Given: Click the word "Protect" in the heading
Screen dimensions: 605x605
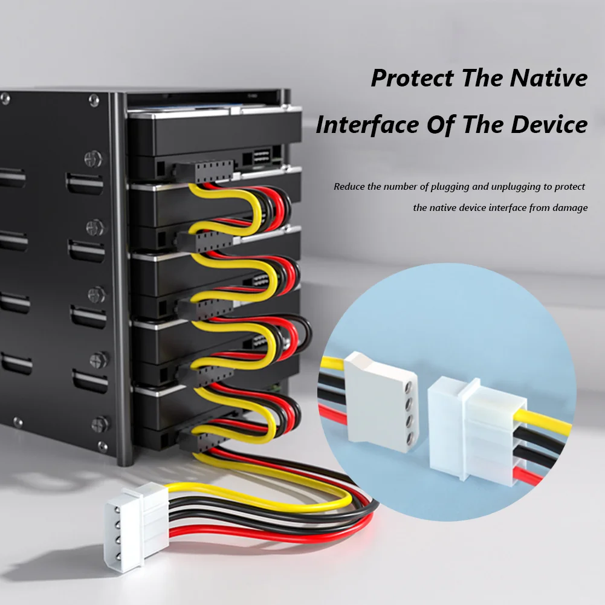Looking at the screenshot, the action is tap(413, 79).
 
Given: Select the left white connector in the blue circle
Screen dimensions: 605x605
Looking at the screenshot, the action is tap(380, 402).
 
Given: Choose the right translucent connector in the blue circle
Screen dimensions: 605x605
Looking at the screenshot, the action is tap(477, 429).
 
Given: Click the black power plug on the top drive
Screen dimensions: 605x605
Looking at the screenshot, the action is tap(203, 172).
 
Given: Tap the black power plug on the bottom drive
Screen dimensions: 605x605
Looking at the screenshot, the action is tap(203, 440).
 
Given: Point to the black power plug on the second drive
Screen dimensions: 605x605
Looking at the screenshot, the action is tap(204, 240).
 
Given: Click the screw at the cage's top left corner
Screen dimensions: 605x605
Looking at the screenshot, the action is tap(5, 99).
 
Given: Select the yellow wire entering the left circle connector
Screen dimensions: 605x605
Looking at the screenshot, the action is tap(332, 362).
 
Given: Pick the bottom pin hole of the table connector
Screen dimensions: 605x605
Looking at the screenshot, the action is tap(118, 555).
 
